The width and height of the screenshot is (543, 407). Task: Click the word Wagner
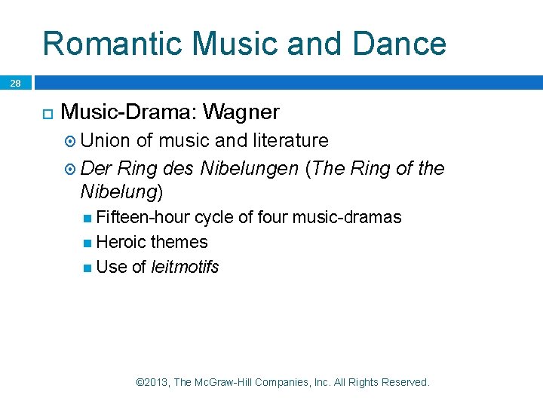[x=241, y=113]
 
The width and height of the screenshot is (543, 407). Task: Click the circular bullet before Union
[x=71, y=141]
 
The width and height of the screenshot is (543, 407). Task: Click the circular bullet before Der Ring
[x=71, y=169]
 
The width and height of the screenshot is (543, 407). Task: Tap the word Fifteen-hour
[x=143, y=218]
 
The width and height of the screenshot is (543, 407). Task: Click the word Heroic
[x=121, y=242]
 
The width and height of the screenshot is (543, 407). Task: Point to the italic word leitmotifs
[x=185, y=267]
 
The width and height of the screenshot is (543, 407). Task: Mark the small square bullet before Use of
[x=88, y=268]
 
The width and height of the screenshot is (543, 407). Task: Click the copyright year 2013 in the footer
[x=156, y=382]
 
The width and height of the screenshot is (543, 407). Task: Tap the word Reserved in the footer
[x=404, y=382]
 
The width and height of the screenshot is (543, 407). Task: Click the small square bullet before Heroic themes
[x=88, y=243]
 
